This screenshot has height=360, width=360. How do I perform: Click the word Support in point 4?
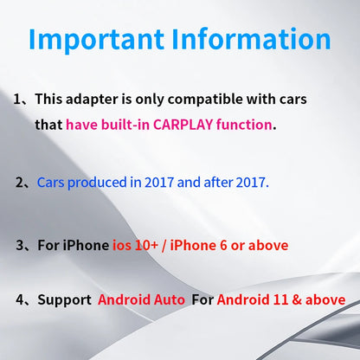click(65, 300)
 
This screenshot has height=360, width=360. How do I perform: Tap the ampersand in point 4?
click(300, 300)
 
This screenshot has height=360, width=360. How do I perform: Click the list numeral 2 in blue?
click(20, 183)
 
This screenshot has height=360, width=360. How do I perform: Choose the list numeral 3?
click(20, 246)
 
